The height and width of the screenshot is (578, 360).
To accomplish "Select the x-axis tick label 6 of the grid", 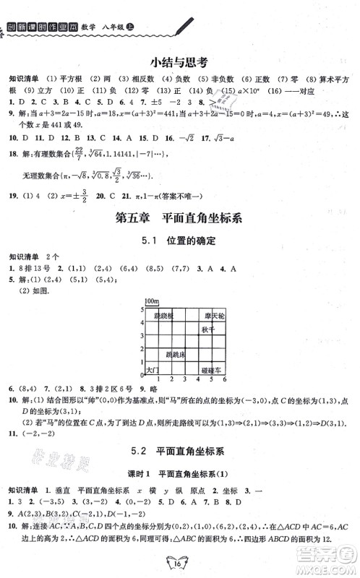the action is point(226,379).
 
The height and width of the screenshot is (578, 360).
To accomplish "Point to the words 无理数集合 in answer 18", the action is point(38,176).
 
